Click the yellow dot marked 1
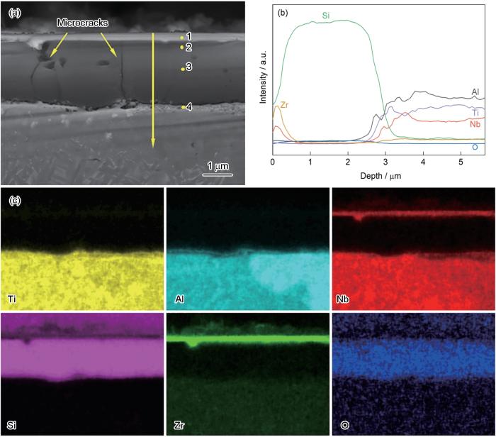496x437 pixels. [181, 38]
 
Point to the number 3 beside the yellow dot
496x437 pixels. [189, 67]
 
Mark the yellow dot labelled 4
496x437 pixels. [182, 108]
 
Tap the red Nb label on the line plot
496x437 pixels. [475, 123]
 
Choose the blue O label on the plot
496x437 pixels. [474, 147]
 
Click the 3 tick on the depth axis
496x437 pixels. [385, 162]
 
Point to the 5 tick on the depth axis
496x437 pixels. [461, 162]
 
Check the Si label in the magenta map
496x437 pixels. [12, 426]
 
